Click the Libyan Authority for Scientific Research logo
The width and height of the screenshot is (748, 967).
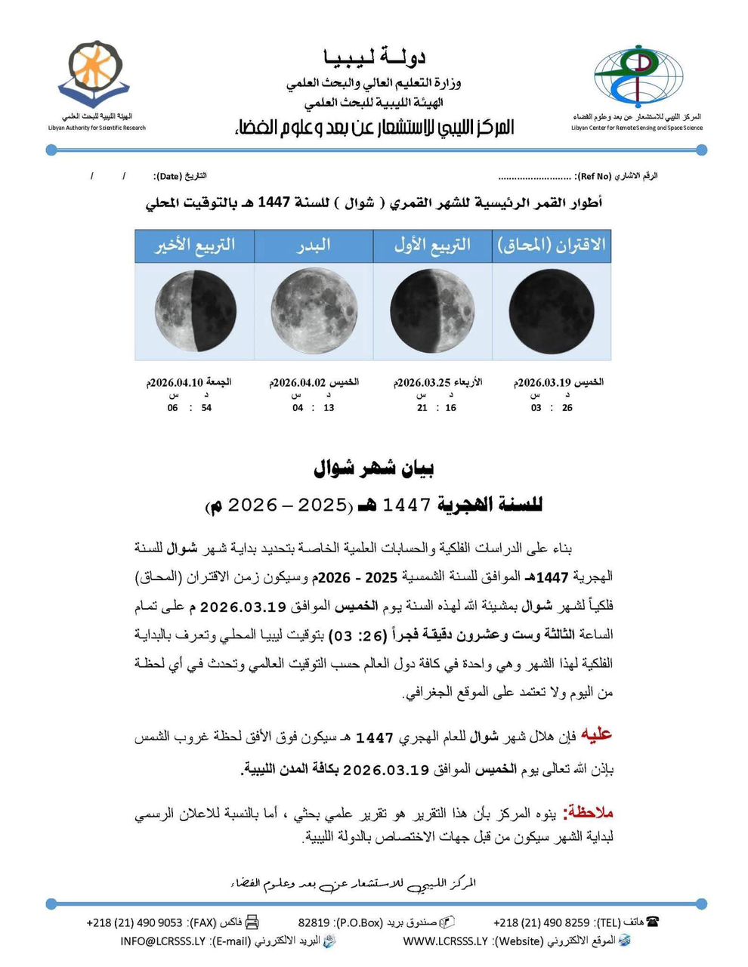(x=94, y=74)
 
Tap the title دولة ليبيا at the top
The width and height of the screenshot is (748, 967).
(x=375, y=57)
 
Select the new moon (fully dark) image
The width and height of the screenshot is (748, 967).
(x=552, y=311)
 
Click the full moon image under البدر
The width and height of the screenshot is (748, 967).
(x=314, y=311)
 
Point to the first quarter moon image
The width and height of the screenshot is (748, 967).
(x=432, y=311)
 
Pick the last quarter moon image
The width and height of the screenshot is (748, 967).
(x=195, y=311)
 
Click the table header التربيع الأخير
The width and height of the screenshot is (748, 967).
(x=195, y=246)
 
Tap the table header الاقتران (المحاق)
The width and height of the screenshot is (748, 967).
(x=552, y=246)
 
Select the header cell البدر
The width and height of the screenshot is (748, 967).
(x=314, y=246)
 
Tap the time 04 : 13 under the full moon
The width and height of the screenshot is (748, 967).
(x=314, y=408)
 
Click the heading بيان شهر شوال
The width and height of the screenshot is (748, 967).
(x=374, y=469)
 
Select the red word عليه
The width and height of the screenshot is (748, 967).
(x=595, y=734)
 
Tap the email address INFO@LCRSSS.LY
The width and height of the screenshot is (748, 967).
(x=162, y=941)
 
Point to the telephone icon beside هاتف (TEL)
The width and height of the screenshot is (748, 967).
(x=652, y=922)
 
